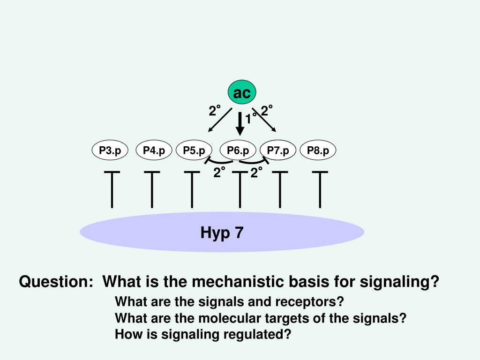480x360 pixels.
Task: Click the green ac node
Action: tap(242, 93)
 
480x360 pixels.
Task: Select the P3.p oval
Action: tap(110, 150)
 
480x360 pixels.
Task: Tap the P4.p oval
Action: tap(154, 150)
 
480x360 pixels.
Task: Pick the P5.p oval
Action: tap(194, 150)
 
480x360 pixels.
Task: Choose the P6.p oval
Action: tap(238, 150)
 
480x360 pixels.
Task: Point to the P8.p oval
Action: tap(318, 150)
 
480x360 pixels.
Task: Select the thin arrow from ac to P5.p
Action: tap(219, 120)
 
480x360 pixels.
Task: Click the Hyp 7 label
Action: tap(222, 232)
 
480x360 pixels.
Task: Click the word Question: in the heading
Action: tap(56, 282)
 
